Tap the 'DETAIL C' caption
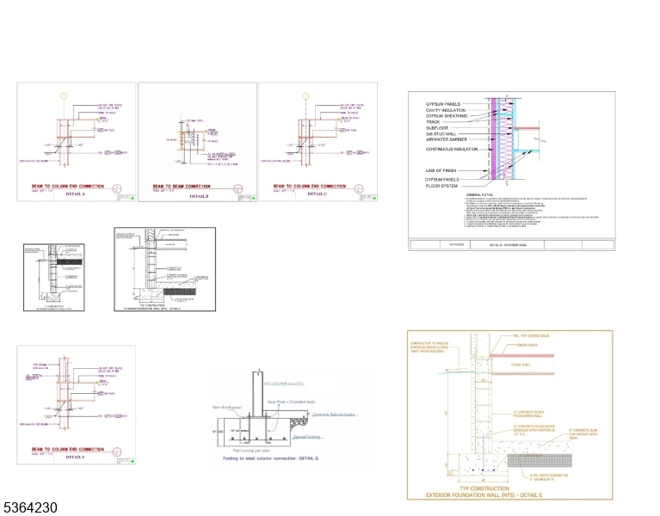(x=317, y=193)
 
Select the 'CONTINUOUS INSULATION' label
(x=453, y=149)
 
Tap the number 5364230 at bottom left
(x=30, y=508)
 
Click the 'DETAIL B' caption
(x=197, y=196)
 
